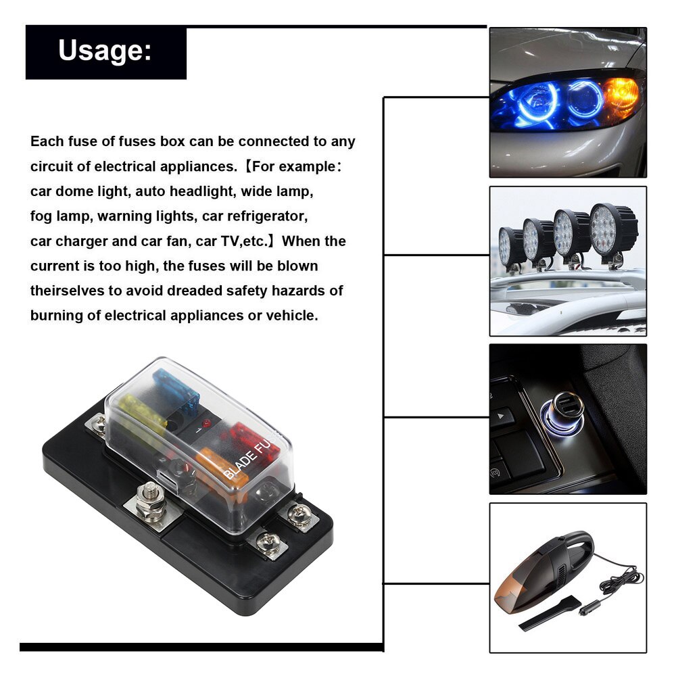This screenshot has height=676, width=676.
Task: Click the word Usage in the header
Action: coord(101,51)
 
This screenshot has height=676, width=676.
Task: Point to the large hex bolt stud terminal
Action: coord(151,500)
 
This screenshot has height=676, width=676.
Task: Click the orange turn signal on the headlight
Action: coord(620,93)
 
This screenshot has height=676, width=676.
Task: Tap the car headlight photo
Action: coord(567,101)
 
